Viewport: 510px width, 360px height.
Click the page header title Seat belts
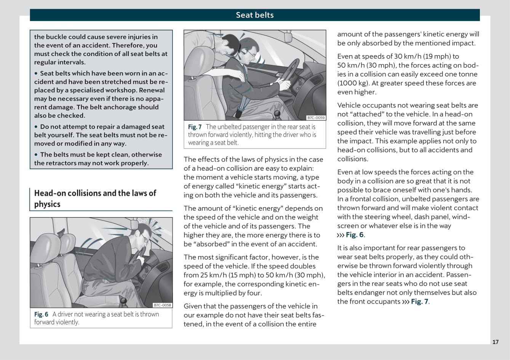tap(254, 15)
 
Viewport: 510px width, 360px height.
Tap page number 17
tap(495, 342)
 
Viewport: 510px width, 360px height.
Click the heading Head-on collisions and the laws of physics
tap(95, 198)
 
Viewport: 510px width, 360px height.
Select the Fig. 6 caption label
tap(41, 314)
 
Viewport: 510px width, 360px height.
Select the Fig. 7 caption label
tap(195, 127)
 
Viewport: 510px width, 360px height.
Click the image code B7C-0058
tap(163, 305)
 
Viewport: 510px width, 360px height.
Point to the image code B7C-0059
tap(316, 118)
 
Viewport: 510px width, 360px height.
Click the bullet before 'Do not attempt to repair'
tap(37, 127)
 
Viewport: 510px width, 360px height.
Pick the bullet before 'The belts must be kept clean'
tap(37, 155)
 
